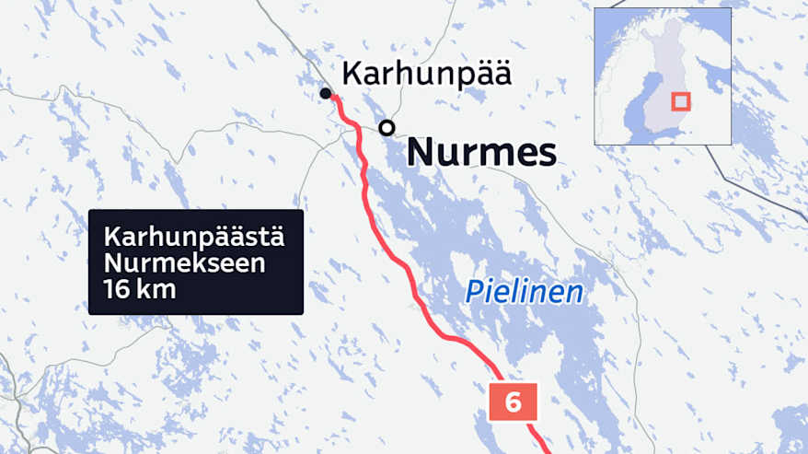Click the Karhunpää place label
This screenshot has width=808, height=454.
[425, 75]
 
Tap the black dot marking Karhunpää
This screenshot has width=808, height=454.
[325, 93]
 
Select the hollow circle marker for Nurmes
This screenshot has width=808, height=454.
[387, 127]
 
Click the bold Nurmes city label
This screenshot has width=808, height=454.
[481, 152]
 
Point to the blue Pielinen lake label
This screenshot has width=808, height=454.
[524, 293]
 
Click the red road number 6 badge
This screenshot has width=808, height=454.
[513, 402]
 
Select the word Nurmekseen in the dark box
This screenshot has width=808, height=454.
[186, 264]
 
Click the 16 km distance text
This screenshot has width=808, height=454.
[141, 290]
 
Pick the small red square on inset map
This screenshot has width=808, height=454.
[682, 102]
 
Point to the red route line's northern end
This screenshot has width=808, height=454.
[333, 97]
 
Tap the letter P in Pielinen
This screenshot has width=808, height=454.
[472, 293]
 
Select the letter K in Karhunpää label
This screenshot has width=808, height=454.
[350, 75]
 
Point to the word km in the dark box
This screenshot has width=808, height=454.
[157, 290]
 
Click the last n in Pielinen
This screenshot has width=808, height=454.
[575, 293]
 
